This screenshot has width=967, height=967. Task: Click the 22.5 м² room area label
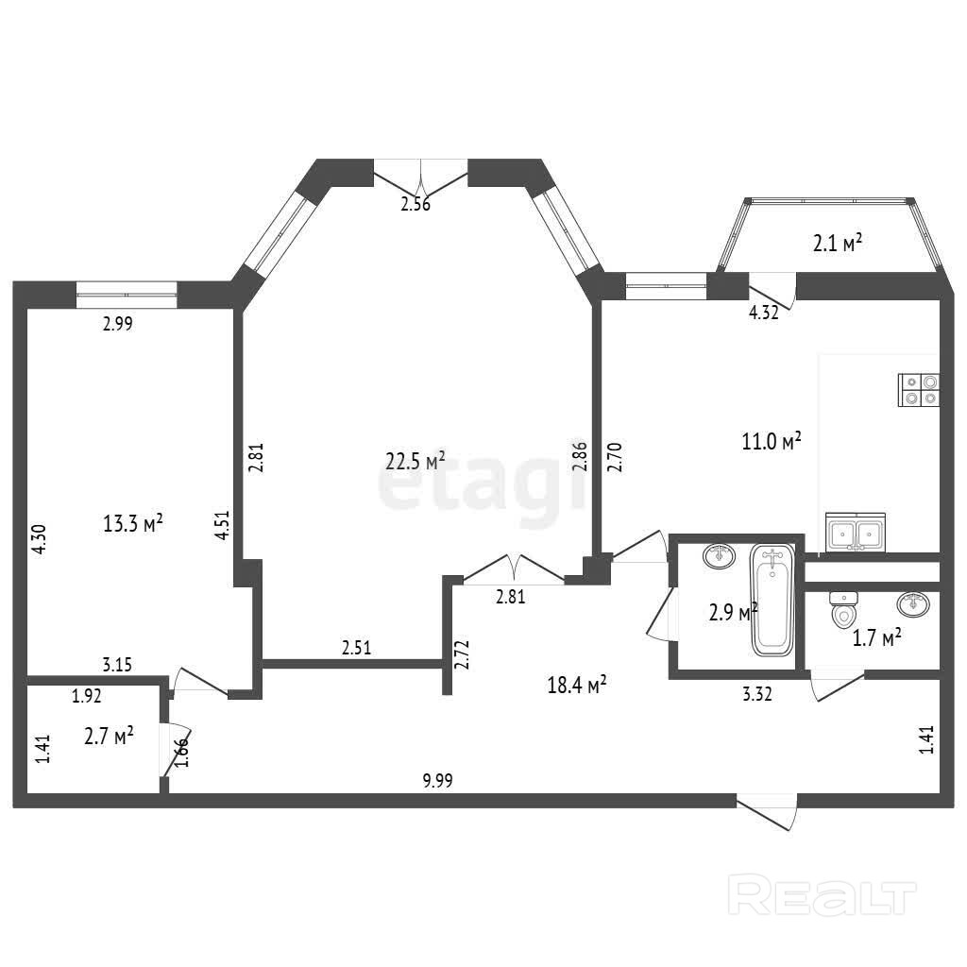416,461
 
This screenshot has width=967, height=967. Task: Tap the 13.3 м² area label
132,523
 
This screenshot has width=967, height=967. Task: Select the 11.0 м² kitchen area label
772,441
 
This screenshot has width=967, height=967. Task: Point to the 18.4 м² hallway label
577,684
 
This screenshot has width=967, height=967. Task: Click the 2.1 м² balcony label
837,243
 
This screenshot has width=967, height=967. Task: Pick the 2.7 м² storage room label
110,737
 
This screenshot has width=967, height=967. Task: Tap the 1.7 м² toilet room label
876,637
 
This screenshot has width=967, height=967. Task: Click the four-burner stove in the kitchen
919,390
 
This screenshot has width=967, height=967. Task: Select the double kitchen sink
856,532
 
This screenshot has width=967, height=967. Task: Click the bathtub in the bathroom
772,602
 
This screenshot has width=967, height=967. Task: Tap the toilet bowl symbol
843,609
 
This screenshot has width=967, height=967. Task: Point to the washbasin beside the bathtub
719,556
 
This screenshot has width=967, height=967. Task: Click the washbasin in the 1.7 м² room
913,603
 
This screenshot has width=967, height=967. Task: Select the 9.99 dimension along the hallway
437,781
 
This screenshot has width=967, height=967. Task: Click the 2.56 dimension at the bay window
416,204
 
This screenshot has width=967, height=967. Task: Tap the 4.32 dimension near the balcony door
763,313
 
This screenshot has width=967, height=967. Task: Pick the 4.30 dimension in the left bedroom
38,539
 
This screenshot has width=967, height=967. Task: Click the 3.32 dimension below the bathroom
757,694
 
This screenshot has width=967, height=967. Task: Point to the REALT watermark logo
823,895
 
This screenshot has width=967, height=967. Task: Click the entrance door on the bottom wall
767,811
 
